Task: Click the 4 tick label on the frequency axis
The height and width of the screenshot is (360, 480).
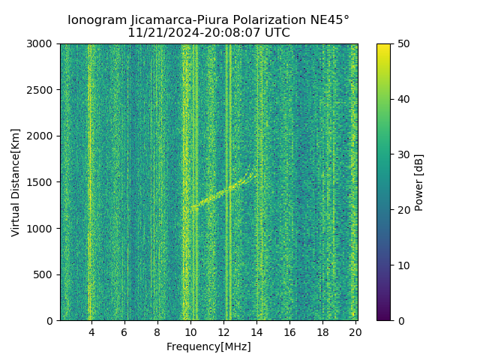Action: (91, 331)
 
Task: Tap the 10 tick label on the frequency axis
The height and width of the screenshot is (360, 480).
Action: (190, 331)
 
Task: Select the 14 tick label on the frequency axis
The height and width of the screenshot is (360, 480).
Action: (256, 331)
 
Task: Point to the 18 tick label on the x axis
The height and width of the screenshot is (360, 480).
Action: (322, 331)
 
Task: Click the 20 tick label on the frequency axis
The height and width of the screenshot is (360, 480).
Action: (355, 331)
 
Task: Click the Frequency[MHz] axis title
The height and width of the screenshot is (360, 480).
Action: (208, 346)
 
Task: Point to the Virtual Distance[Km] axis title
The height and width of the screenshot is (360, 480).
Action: (16, 182)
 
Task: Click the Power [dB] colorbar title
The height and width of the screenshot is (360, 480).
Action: (419, 182)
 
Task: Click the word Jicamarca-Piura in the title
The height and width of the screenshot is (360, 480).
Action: (172, 20)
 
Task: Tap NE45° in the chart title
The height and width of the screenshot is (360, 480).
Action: (330, 20)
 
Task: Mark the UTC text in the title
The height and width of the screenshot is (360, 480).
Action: (276, 33)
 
